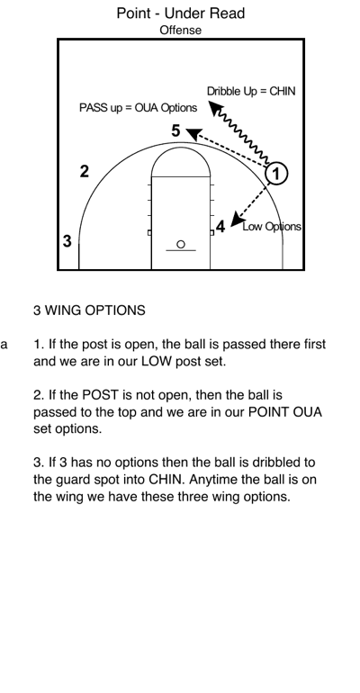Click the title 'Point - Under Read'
click(180, 13)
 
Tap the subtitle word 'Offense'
click(180, 30)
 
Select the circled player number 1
click(278, 173)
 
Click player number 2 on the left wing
click(85, 171)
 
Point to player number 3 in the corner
click(67, 240)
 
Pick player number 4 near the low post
click(220, 226)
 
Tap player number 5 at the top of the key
click(176, 131)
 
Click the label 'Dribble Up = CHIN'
click(250, 92)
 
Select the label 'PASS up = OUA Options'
click(138, 108)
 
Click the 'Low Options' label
click(272, 227)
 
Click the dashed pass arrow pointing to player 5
click(229, 150)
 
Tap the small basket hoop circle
click(180, 244)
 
